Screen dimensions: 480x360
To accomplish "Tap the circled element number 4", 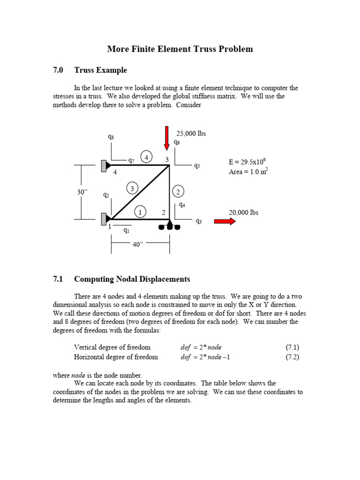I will tap(147, 157).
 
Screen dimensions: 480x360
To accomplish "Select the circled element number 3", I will tap(132, 188).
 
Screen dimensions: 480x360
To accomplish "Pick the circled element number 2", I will tap(178, 191).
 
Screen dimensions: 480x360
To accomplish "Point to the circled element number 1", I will tap(139, 212).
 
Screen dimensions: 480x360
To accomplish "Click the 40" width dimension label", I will tap(137, 244).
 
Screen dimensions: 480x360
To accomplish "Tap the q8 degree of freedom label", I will tap(111, 137).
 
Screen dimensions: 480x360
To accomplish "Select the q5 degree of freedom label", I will tap(197, 166).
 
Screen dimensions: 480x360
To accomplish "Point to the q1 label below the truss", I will tap(127, 230).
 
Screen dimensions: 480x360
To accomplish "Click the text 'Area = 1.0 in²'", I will tap(248, 172).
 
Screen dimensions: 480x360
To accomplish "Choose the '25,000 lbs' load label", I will tap(191, 133).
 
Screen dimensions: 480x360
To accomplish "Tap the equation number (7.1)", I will tap(292, 347).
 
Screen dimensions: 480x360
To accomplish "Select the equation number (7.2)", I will tap(292, 357).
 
